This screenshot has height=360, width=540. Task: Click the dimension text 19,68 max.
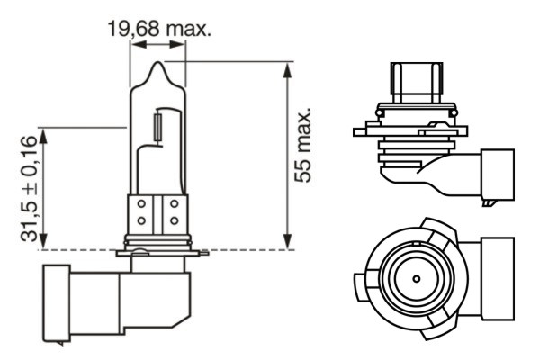pyautogui.click(x=158, y=30)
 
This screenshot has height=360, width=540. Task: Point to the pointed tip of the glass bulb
pyautogui.click(x=158, y=62)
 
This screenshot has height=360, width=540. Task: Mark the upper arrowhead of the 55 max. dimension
pyautogui.click(x=287, y=67)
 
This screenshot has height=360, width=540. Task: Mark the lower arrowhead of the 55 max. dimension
pyautogui.click(x=287, y=244)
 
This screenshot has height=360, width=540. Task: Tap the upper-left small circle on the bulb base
pyautogui.click(x=141, y=205)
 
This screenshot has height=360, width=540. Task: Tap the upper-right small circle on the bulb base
pyautogui.click(x=173, y=205)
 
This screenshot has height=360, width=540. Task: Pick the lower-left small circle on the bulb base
pyautogui.click(x=141, y=220)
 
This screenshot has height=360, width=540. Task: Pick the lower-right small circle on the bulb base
pyautogui.click(x=173, y=220)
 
